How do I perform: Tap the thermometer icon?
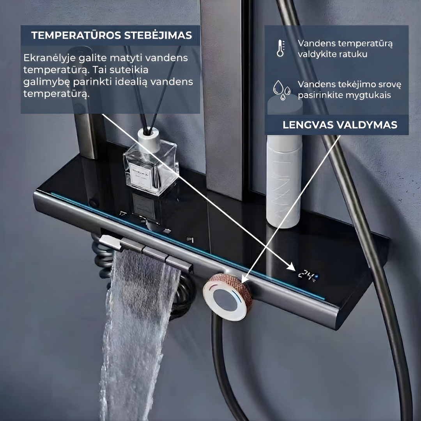pos(281,48)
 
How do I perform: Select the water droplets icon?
pos(282,90)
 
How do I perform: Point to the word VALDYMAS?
pos(366,125)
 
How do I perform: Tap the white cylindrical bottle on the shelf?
pos(284,181)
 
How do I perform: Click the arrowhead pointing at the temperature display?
pos(292,267)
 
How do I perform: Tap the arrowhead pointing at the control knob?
pos(245,278)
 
